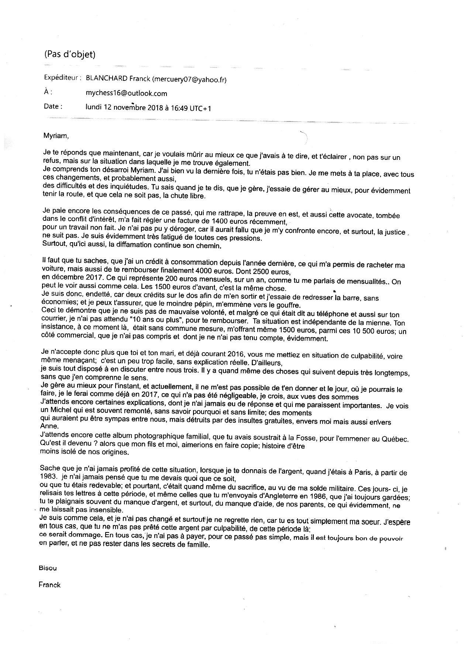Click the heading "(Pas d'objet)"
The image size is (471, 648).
tap(70, 54)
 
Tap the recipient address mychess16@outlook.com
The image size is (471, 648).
tap(126, 93)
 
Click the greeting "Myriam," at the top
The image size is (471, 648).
tap(56, 136)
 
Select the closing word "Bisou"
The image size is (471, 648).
tap(48, 568)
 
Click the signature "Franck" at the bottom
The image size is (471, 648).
tap(49, 584)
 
